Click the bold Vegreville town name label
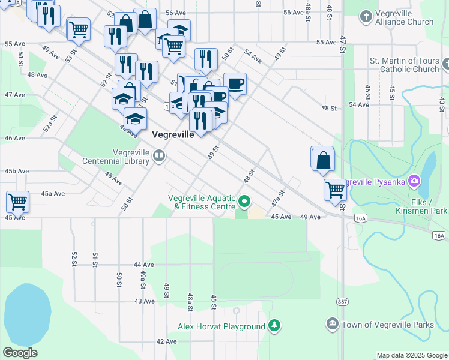tap(173, 134)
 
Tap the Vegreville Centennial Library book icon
tap(159, 157)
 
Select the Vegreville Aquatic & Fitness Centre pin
tap(244, 202)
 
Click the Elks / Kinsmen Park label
tap(421, 206)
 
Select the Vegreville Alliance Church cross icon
tap(367, 16)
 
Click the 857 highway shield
tap(342, 301)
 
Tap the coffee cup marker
tap(235, 83)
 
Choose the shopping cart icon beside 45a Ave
tap(17, 201)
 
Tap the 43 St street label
tap(441, 104)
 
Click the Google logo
tap(20, 353)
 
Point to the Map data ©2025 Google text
tap(411, 355)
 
